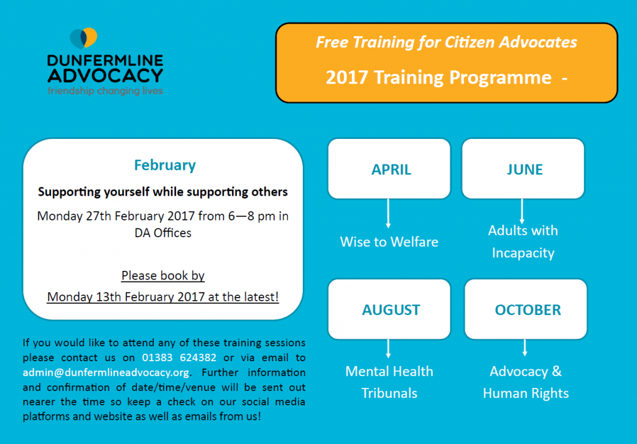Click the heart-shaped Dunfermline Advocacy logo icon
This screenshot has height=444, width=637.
click(x=83, y=38)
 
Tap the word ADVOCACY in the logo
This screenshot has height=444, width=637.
click(x=105, y=75)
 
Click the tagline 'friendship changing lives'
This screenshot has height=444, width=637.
click(x=105, y=91)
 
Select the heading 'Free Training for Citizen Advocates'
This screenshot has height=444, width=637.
click(x=447, y=42)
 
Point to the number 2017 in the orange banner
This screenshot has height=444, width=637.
click(x=346, y=77)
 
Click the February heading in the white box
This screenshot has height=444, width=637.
click(x=165, y=165)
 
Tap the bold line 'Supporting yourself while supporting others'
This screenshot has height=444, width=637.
click(x=163, y=192)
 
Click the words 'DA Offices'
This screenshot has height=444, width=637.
click(x=163, y=233)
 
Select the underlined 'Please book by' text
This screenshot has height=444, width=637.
click(x=163, y=276)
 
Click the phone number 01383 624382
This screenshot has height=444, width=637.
click(x=179, y=358)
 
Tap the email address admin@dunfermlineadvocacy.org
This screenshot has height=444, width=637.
click(x=106, y=373)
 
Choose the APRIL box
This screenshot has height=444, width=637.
click(x=389, y=169)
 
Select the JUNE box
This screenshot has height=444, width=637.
click(x=523, y=169)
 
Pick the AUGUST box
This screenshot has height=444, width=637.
click(x=389, y=309)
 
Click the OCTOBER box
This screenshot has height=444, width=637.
click(x=526, y=309)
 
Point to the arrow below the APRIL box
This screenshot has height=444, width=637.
click(x=388, y=214)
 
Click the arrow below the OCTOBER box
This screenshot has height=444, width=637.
click(x=525, y=348)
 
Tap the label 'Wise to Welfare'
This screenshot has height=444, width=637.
click(x=389, y=242)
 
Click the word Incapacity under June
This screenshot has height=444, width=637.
click(x=523, y=253)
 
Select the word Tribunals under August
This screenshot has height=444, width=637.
click(x=389, y=393)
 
